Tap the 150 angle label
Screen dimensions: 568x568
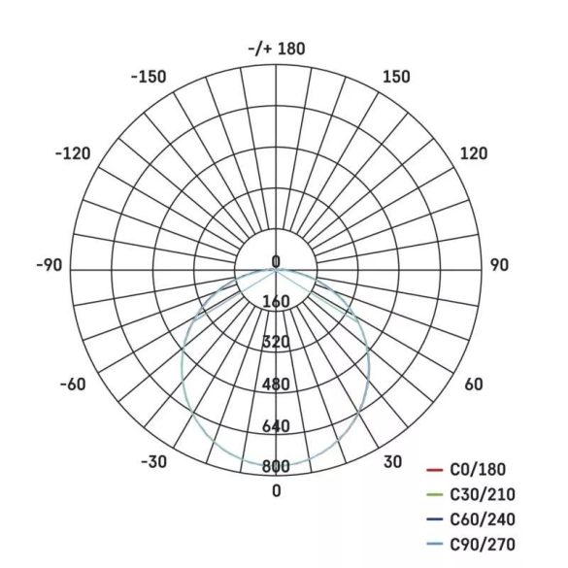(x=396, y=77)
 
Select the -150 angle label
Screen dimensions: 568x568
(x=149, y=77)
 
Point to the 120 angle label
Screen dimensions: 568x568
(x=474, y=153)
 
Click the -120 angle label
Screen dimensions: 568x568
(x=73, y=153)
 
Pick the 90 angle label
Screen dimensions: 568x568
(x=499, y=265)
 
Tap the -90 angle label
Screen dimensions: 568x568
(x=49, y=265)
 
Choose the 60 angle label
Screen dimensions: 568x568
(x=473, y=384)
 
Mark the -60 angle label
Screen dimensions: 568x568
(x=73, y=384)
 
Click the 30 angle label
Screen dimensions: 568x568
(x=392, y=462)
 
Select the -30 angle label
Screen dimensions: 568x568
(x=154, y=462)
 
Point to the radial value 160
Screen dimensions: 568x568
(x=277, y=301)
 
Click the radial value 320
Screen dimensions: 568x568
(x=277, y=342)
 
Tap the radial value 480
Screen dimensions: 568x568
(x=277, y=384)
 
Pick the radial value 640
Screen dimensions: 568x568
(x=277, y=426)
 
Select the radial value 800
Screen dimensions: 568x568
(x=277, y=467)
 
